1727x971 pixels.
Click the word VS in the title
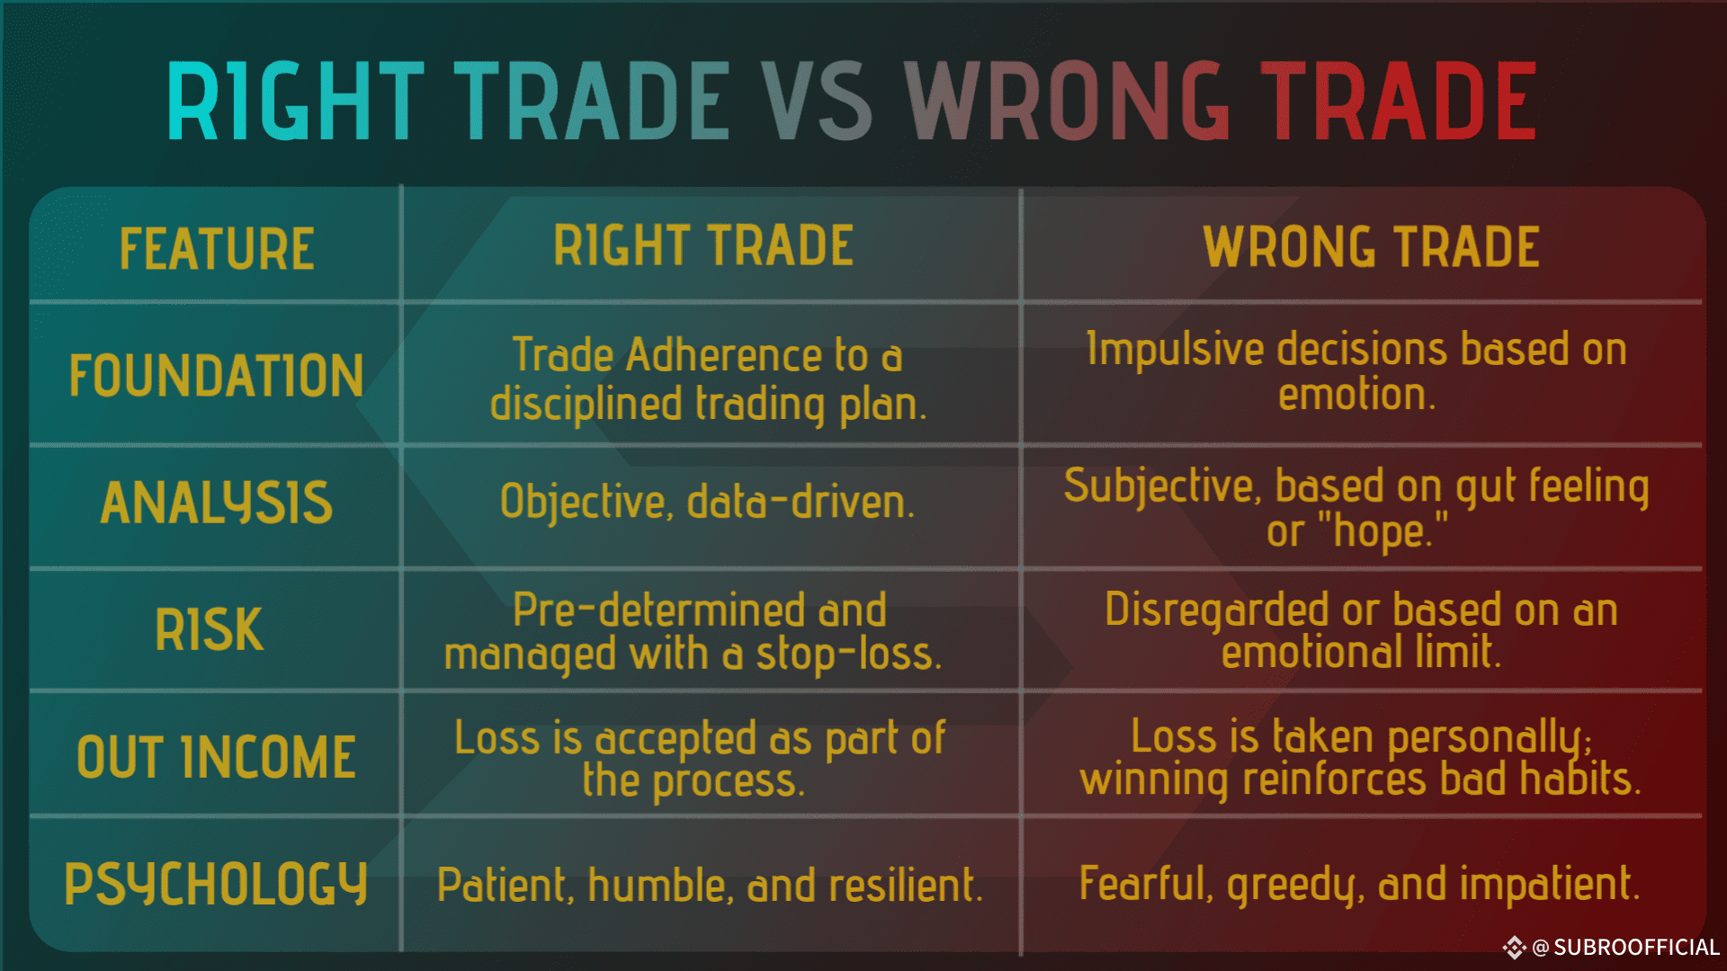(x=819, y=101)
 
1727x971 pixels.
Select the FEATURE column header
(x=217, y=249)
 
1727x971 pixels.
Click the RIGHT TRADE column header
(x=703, y=245)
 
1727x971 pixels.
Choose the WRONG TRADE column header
(x=1372, y=247)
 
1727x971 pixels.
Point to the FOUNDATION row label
(x=217, y=375)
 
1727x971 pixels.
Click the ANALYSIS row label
(x=217, y=502)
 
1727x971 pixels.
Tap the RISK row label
(x=210, y=629)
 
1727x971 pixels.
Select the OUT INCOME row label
(x=217, y=757)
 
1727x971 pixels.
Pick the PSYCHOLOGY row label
(x=216, y=885)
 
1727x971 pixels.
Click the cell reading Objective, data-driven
(x=707, y=502)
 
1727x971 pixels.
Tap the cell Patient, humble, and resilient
(x=710, y=886)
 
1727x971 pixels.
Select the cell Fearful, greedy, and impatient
(x=1360, y=885)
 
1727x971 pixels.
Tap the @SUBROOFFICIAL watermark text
(x=1625, y=948)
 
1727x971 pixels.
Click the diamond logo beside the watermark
(x=1514, y=948)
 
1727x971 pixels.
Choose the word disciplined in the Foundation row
(x=586, y=405)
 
